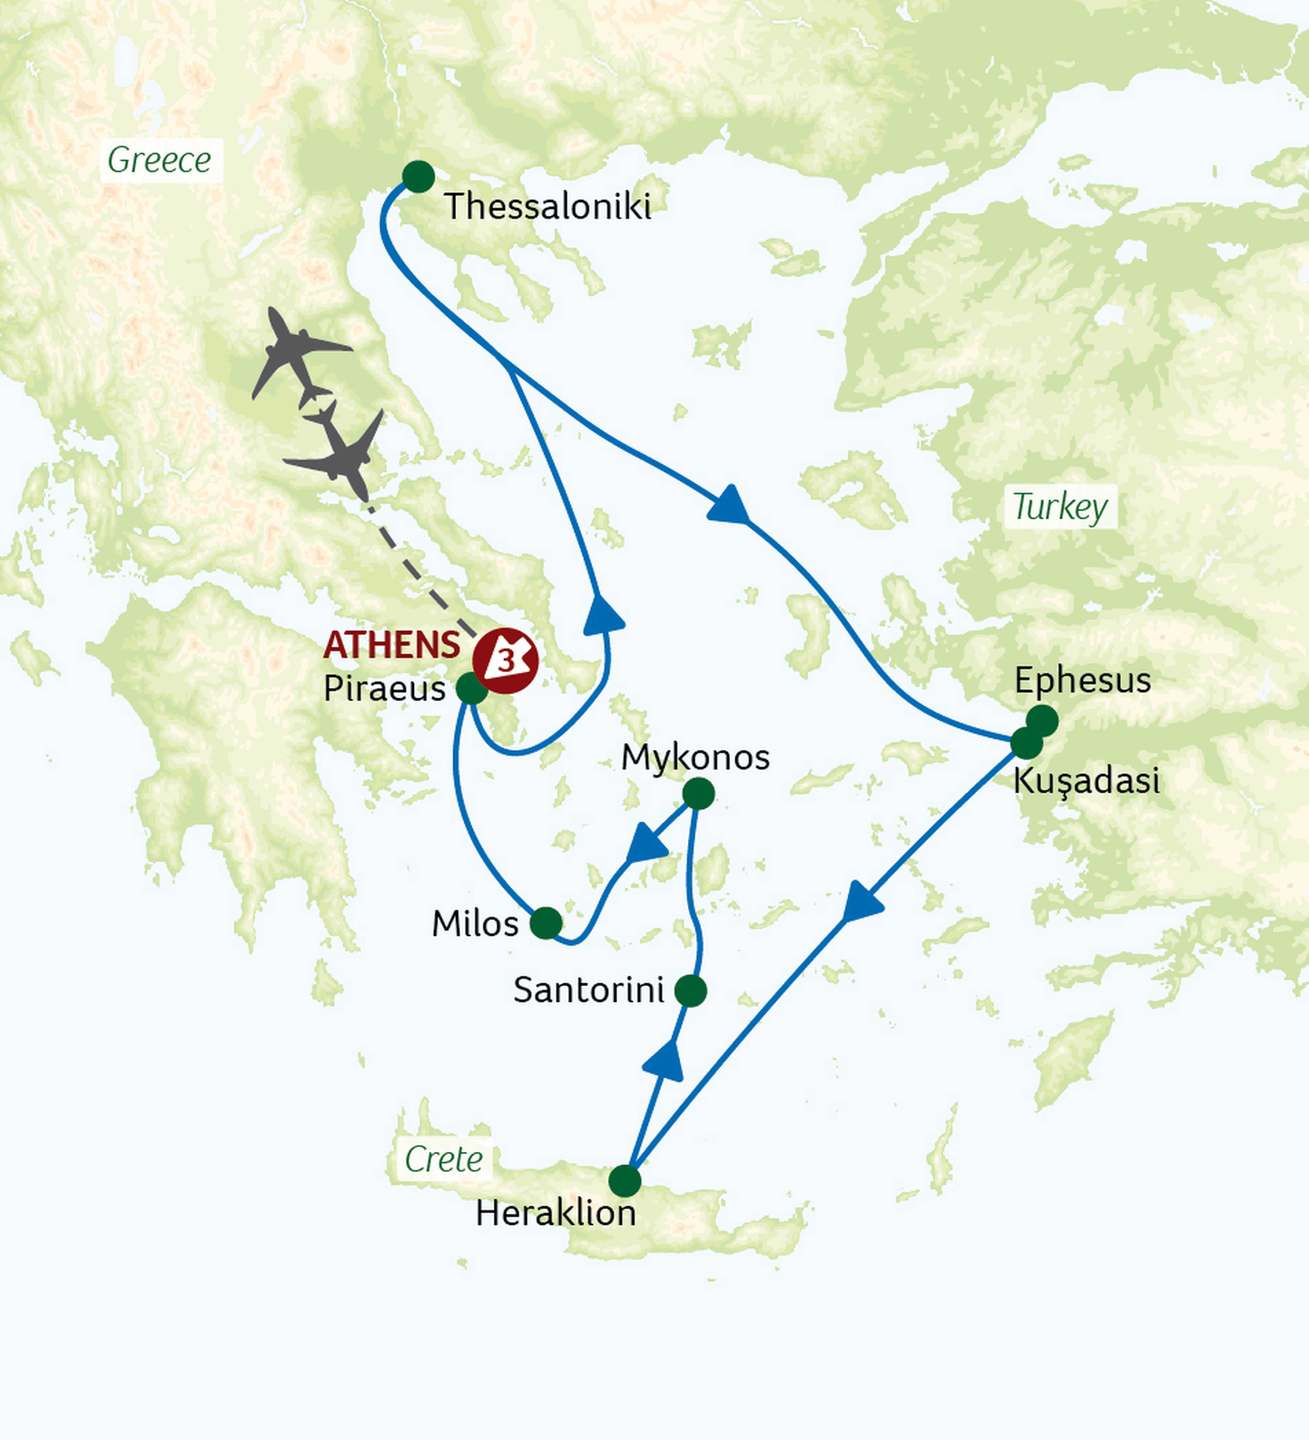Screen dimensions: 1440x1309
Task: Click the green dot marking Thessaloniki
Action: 419,177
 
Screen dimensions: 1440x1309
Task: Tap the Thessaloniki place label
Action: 547,207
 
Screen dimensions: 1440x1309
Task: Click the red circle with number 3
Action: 506,661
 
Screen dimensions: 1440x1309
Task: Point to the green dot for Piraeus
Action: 471,689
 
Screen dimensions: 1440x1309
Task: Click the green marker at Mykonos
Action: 698,794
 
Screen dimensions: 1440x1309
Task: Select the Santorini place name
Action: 588,990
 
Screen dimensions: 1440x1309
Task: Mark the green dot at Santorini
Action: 691,991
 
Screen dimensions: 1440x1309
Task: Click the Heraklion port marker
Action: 625,1181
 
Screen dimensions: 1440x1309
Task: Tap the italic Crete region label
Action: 443,1159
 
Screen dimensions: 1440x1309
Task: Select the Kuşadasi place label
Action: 1085,781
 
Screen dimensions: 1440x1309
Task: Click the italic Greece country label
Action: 159,160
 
